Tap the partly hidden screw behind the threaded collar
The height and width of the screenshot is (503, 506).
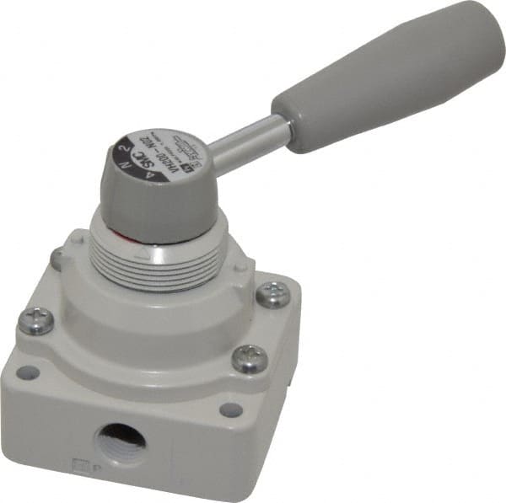(x=57, y=257)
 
